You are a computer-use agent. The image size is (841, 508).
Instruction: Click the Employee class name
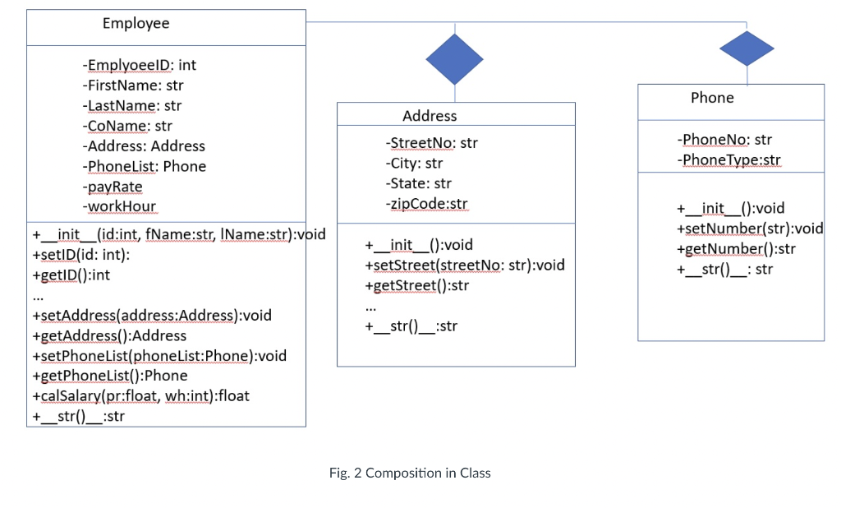point(136,24)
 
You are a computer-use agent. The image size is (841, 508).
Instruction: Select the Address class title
point(430,116)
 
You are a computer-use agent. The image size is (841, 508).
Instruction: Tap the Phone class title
point(712,98)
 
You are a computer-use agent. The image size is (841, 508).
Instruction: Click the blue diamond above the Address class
point(454,58)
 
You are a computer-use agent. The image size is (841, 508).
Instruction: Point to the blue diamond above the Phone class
point(747,48)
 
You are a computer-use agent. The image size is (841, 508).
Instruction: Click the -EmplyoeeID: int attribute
point(139,65)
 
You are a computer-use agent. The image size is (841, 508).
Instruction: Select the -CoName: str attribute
point(127,126)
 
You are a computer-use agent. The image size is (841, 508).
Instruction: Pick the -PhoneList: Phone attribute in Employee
point(144,166)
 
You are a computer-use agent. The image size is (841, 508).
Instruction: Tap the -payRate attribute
point(113,187)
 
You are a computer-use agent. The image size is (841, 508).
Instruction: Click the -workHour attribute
point(119,206)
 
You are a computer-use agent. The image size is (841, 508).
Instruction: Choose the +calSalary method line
point(140,396)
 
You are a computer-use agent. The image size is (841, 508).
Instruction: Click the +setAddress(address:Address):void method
point(151,316)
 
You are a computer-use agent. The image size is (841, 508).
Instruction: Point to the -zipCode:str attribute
point(426,204)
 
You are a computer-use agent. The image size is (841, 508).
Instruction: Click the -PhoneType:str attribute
point(728,160)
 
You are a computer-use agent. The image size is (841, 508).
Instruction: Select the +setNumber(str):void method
point(749,229)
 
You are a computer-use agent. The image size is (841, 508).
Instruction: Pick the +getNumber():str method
point(736,249)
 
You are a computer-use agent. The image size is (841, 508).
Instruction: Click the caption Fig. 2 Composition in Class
point(410,473)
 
